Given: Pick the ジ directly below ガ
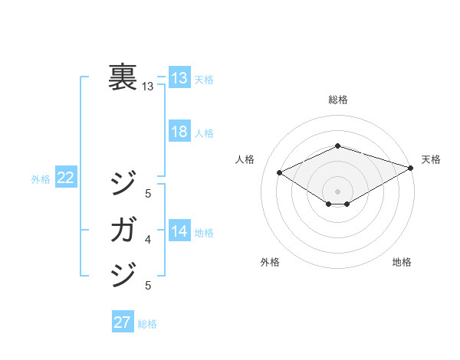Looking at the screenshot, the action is point(123,273).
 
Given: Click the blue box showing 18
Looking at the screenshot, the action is point(179,132).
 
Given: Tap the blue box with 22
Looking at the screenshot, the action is point(66,178).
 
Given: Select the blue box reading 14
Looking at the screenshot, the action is point(179,231).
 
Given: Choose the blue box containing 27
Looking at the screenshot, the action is point(123,322).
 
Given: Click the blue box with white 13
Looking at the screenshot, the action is point(179,77).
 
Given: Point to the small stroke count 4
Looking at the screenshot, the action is point(148,240).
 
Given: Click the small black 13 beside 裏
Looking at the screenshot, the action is point(148,87).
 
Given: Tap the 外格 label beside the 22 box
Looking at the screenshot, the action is point(41,179).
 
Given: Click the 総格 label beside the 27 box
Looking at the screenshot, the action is point(148,324).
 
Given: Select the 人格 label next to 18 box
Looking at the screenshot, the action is point(204,133).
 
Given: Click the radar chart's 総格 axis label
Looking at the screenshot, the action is point(338,100).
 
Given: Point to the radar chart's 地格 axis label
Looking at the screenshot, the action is point(402,262).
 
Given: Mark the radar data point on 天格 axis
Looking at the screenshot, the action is point(412,169).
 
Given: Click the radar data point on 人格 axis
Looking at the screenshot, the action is point(280,172).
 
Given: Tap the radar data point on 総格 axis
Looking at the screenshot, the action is point(337,146).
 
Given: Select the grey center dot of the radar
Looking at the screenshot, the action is point(337,190).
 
